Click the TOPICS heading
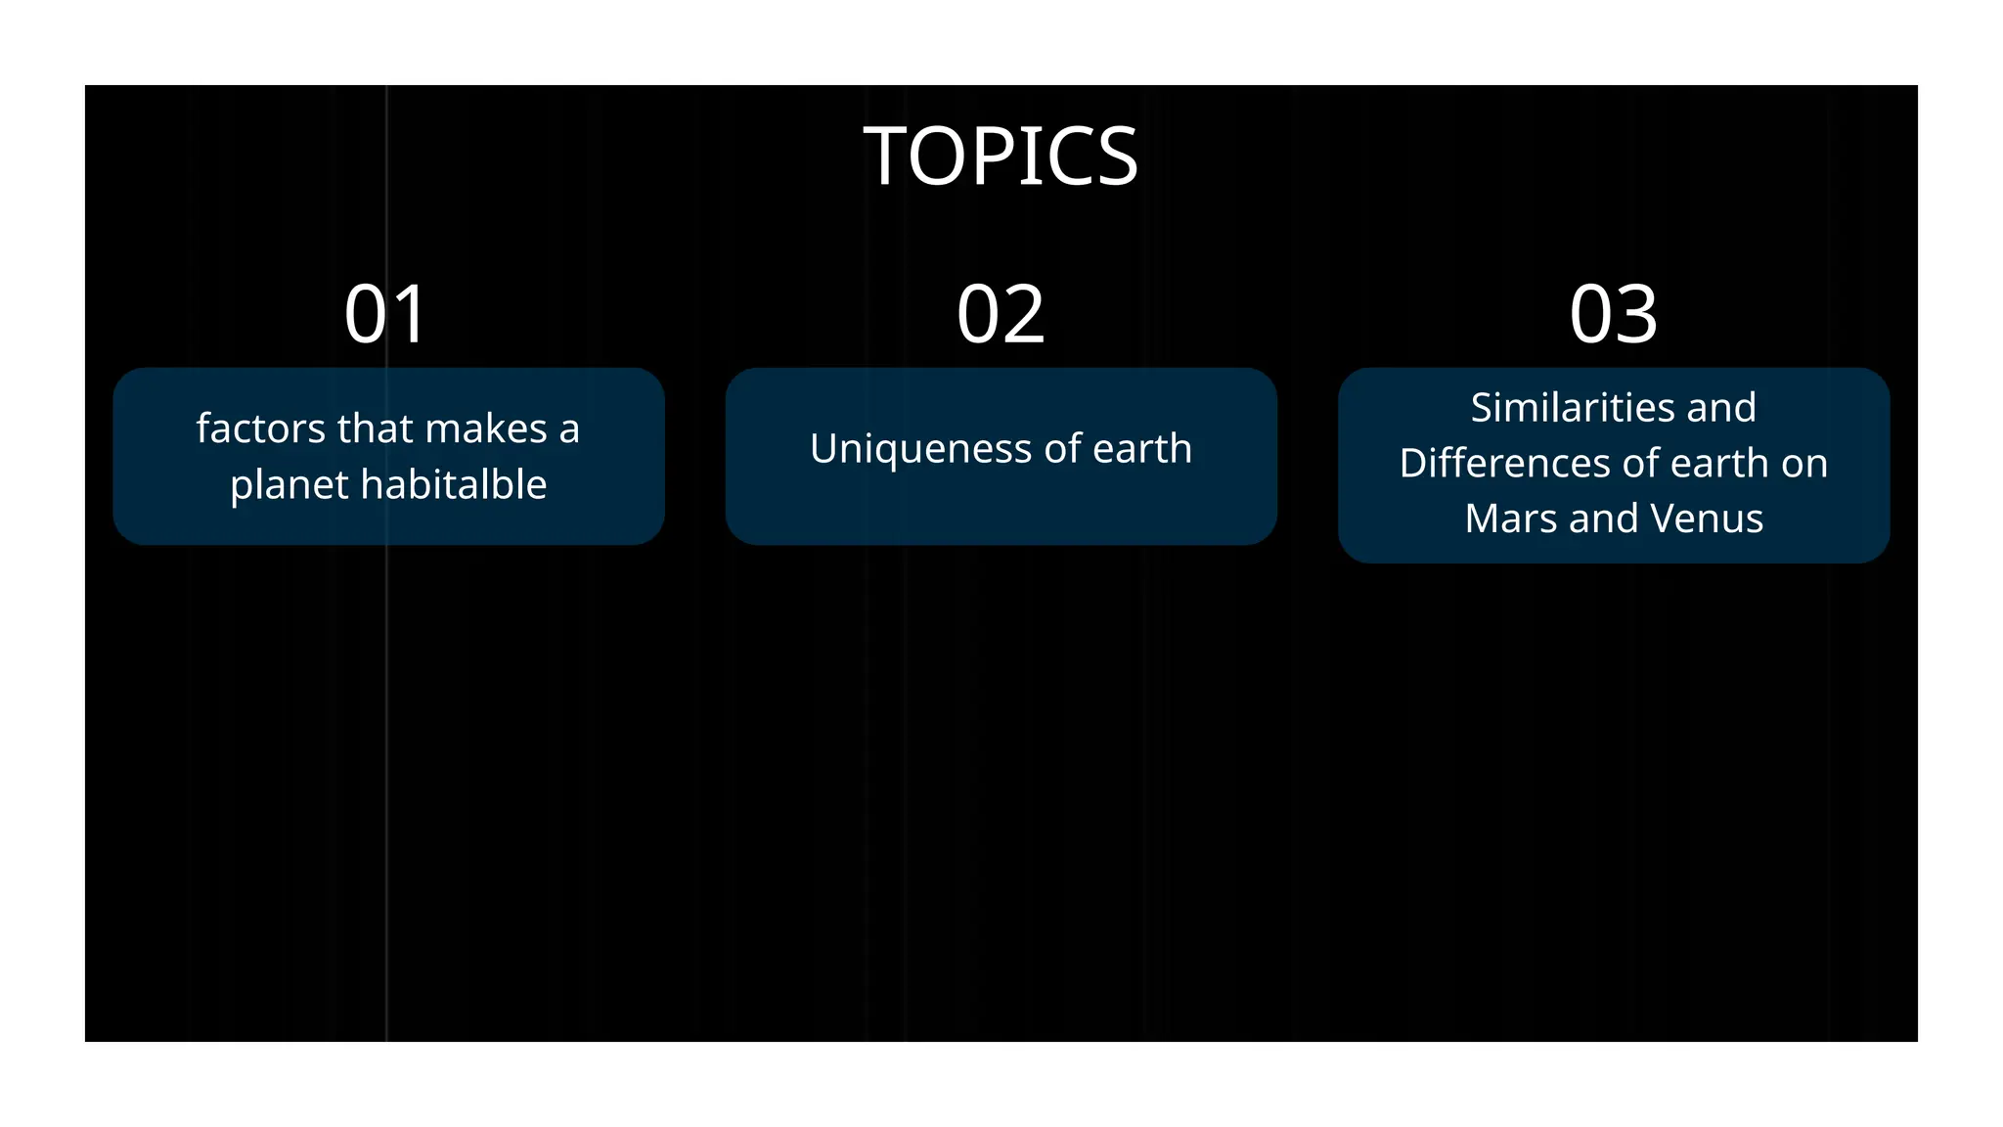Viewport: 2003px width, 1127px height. [1001, 157]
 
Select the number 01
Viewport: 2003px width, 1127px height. [386, 314]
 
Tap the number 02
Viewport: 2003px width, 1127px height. [1001, 314]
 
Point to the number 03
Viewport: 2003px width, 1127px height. [1613, 314]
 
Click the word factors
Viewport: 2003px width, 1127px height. [260, 428]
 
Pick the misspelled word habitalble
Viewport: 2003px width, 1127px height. [456, 484]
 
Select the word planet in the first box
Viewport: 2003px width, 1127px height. [289, 485]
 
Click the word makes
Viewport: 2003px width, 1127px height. [486, 428]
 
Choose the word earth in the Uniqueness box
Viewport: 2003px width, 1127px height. [1142, 449]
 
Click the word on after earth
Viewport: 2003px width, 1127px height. [1804, 464]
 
